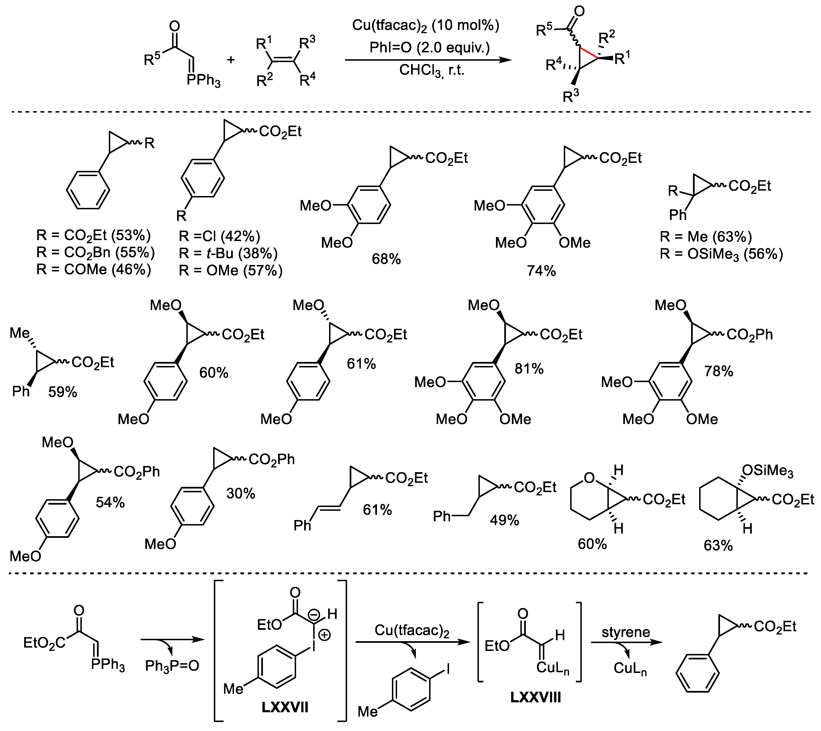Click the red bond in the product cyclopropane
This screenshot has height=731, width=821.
point(589,53)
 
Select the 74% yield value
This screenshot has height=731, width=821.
point(541,271)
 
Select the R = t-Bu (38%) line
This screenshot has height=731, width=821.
point(228,253)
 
